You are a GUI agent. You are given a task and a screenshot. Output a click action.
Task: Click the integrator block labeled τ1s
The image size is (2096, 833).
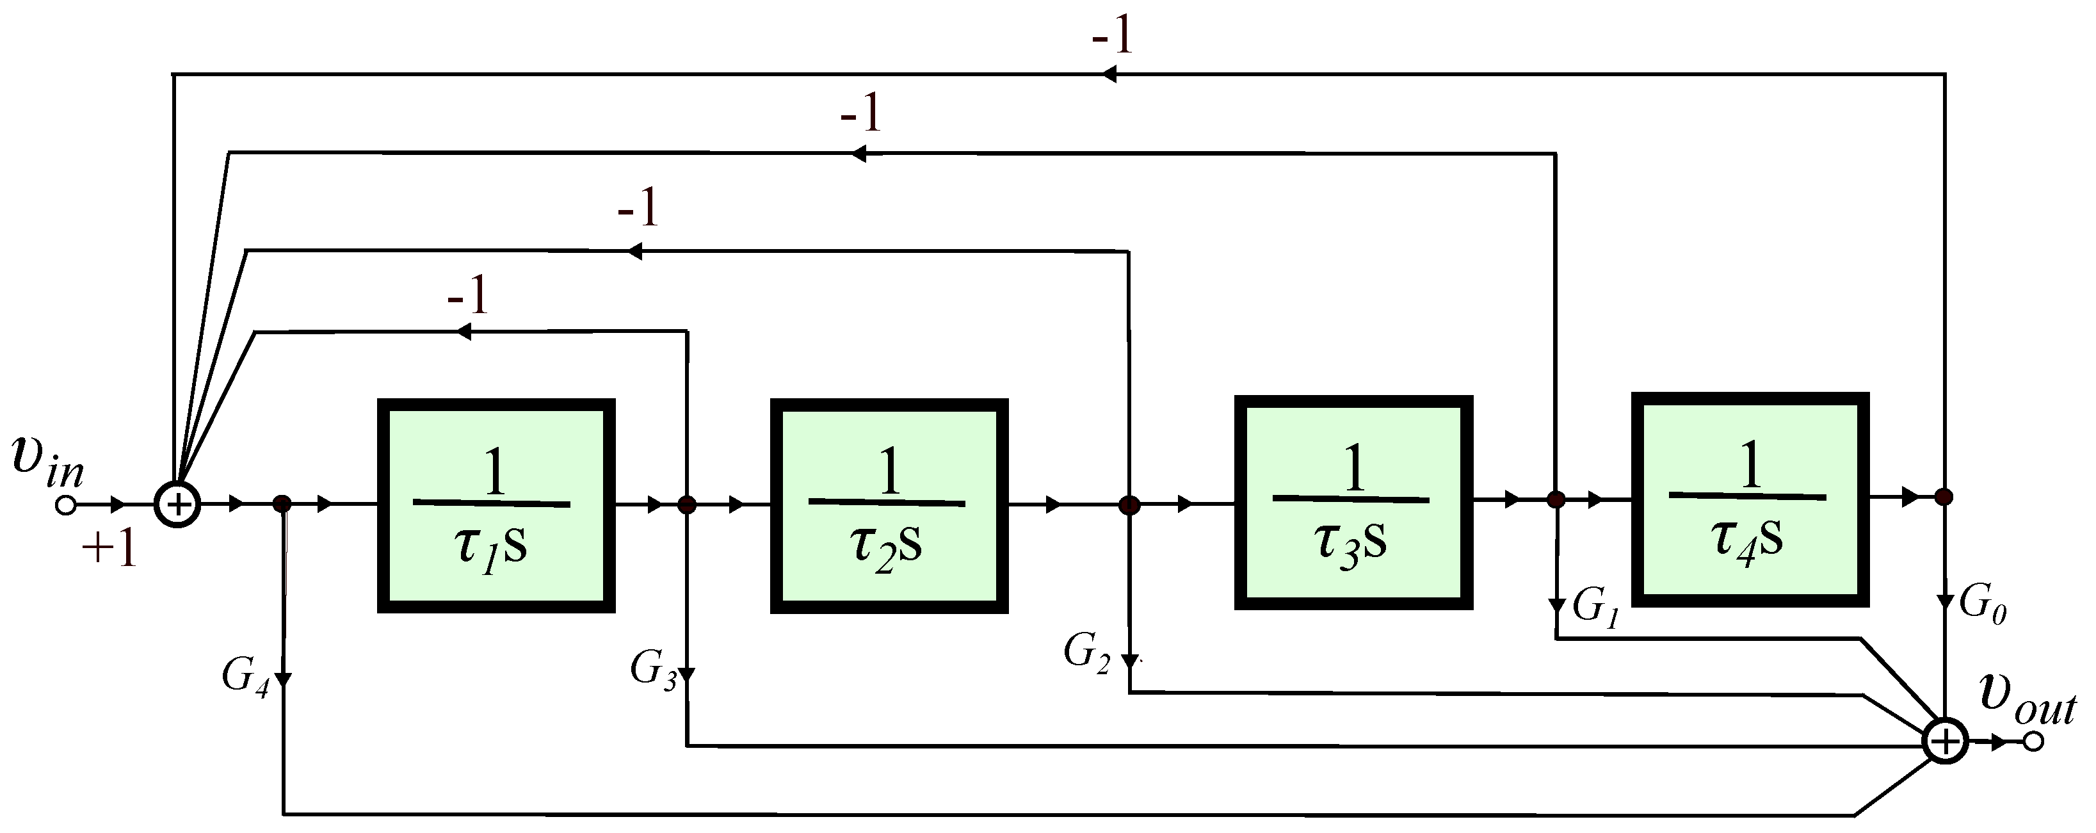[x=496, y=505]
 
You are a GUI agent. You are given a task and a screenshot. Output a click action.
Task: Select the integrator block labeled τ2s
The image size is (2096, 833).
[x=889, y=505]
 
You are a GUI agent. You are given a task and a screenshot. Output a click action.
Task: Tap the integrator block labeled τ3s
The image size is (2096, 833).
[x=1353, y=502]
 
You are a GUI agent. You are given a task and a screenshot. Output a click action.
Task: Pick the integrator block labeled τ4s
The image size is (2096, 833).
[x=1750, y=499]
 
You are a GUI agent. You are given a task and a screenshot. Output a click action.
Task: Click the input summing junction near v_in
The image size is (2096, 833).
[x=177, y=505]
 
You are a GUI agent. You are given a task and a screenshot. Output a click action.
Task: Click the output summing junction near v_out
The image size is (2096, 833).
[x=1945, y=741]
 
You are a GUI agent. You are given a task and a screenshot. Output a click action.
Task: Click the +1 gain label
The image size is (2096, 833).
[x=109, y=550]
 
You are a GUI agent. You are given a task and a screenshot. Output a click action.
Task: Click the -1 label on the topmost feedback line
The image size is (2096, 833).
[x=1112, y=36]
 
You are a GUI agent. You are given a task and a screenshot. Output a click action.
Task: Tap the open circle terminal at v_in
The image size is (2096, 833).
[x=65, y=505]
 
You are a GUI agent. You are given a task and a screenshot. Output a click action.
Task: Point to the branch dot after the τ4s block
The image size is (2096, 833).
[x=1943, y=496]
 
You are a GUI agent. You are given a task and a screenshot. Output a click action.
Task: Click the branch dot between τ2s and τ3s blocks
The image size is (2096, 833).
[x=1129, y=505]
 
